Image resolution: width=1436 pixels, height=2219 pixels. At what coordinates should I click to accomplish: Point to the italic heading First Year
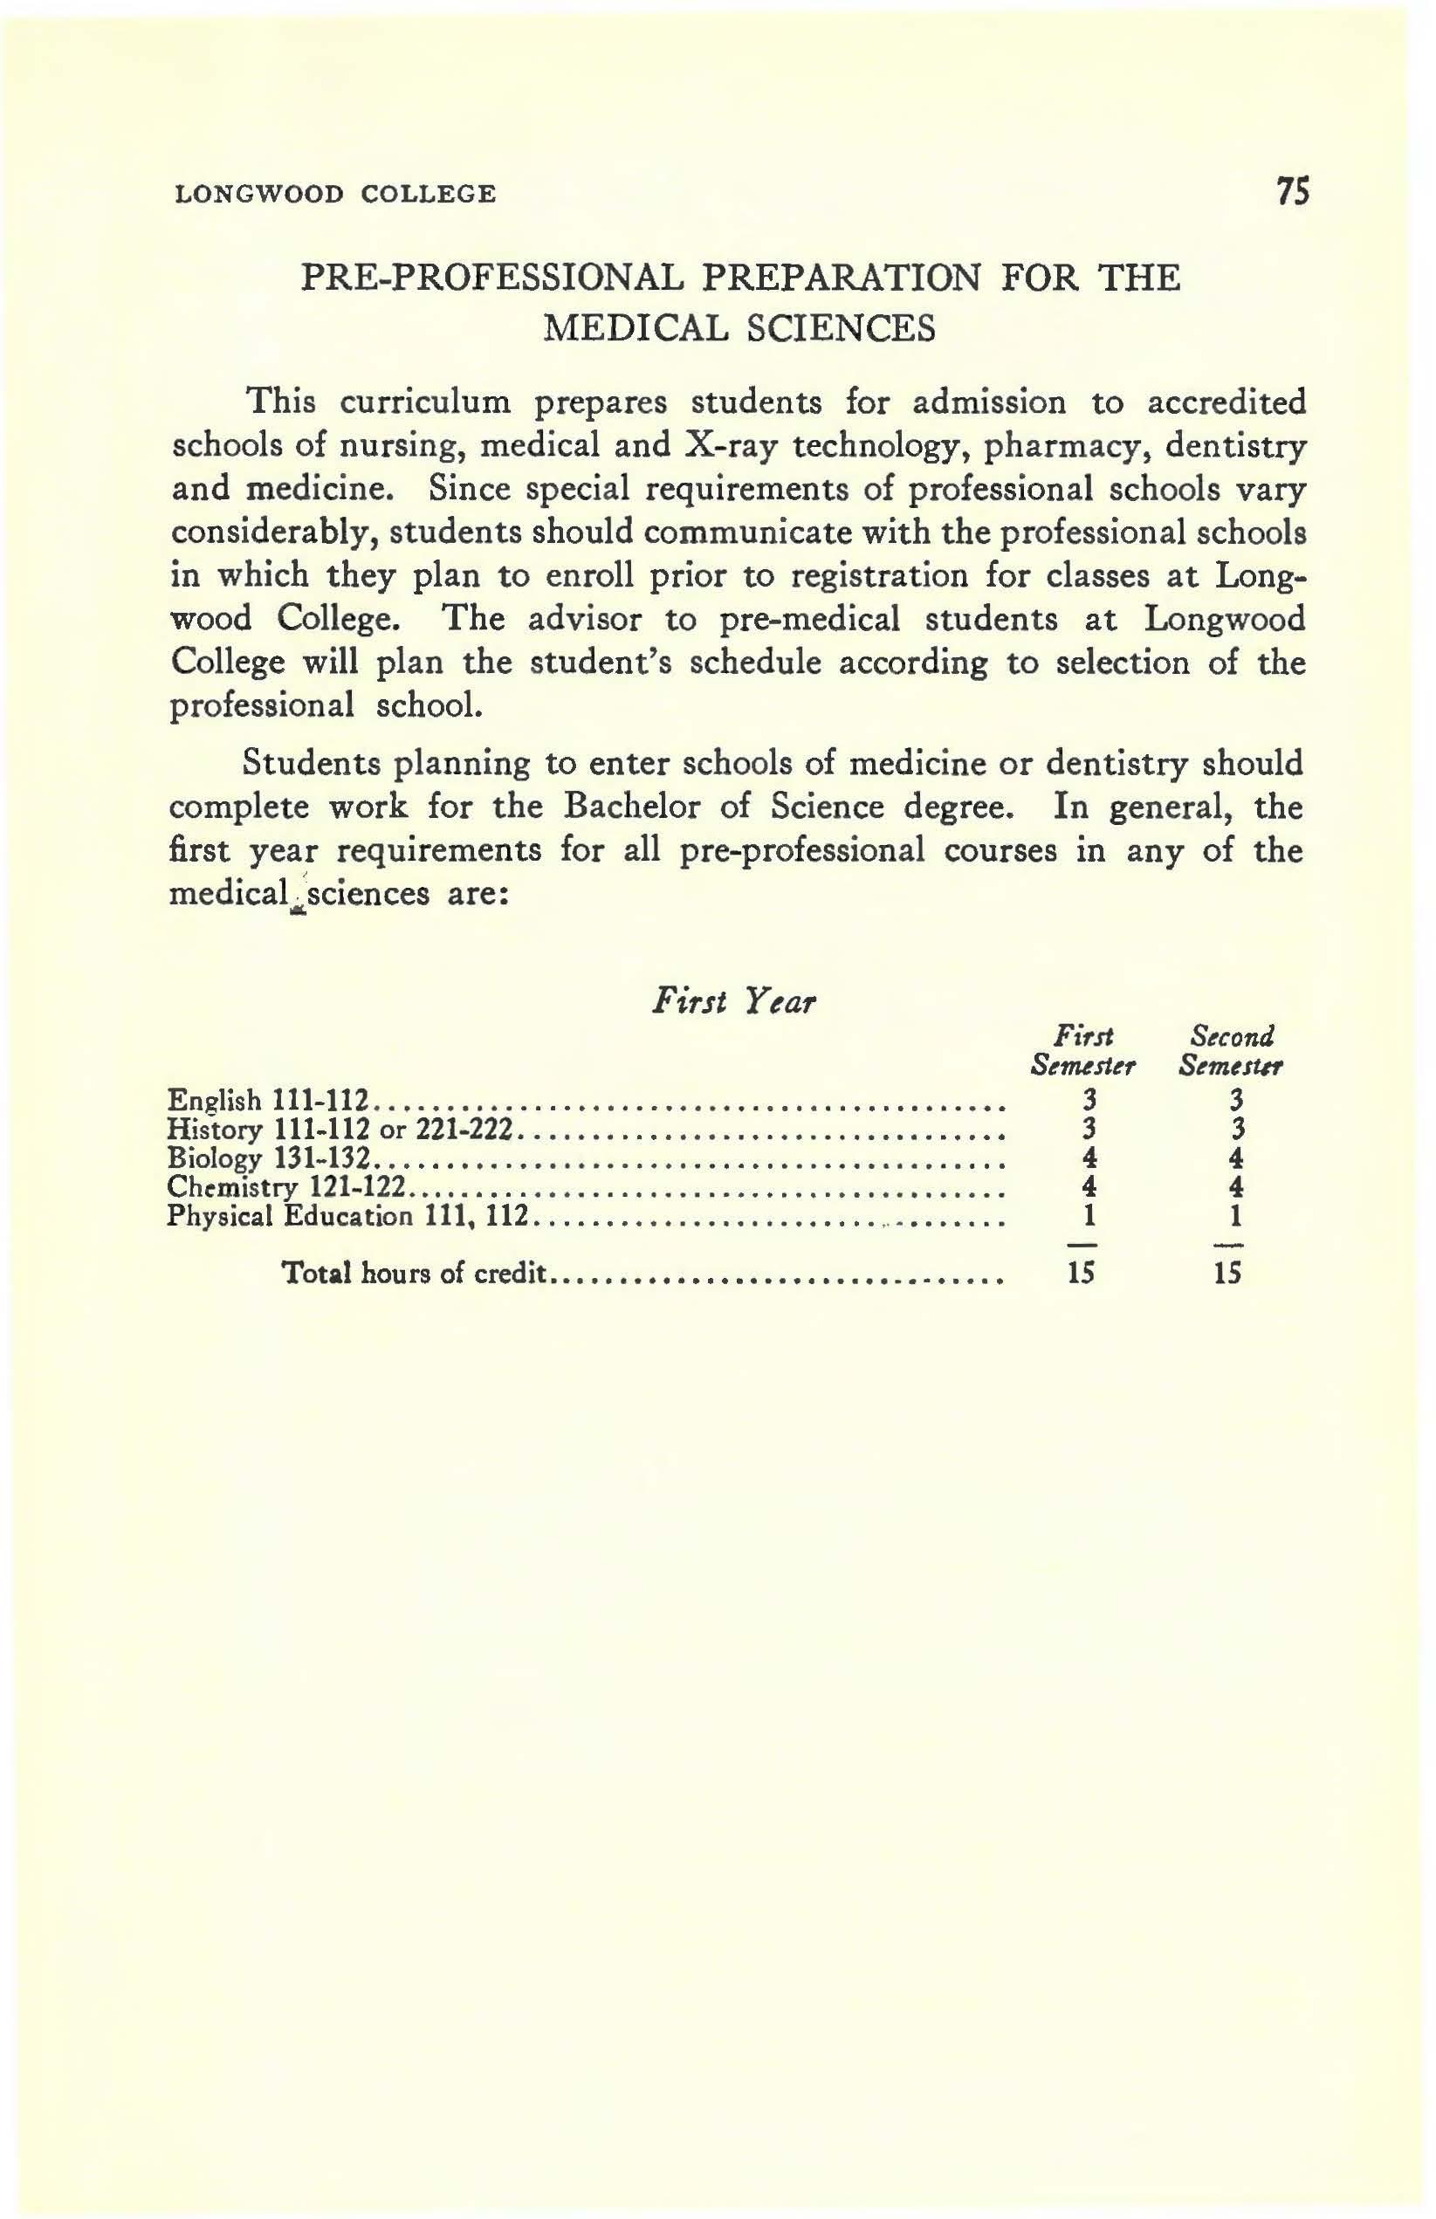click(x=734, y=1001)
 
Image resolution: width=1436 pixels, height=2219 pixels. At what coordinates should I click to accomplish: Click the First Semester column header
click(x=1082, y=1050)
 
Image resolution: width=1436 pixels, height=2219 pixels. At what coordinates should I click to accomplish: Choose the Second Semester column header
click(x=1231, y=1050)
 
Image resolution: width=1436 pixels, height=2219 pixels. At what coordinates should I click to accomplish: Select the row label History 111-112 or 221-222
click(x=340, y=1129)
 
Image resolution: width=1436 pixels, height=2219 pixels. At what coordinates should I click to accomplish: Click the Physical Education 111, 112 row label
click(x=347, y=1216)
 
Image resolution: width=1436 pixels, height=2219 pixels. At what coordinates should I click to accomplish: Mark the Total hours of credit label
click(x=413, y=1273)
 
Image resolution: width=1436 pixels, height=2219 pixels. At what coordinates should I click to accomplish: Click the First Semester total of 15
click(x=1082, y=1273)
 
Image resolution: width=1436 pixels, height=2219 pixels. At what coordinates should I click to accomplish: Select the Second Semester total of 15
click(x=1230, y=1273)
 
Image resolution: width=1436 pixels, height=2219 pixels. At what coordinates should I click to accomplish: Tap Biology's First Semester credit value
click(x=1086, y=1158)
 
